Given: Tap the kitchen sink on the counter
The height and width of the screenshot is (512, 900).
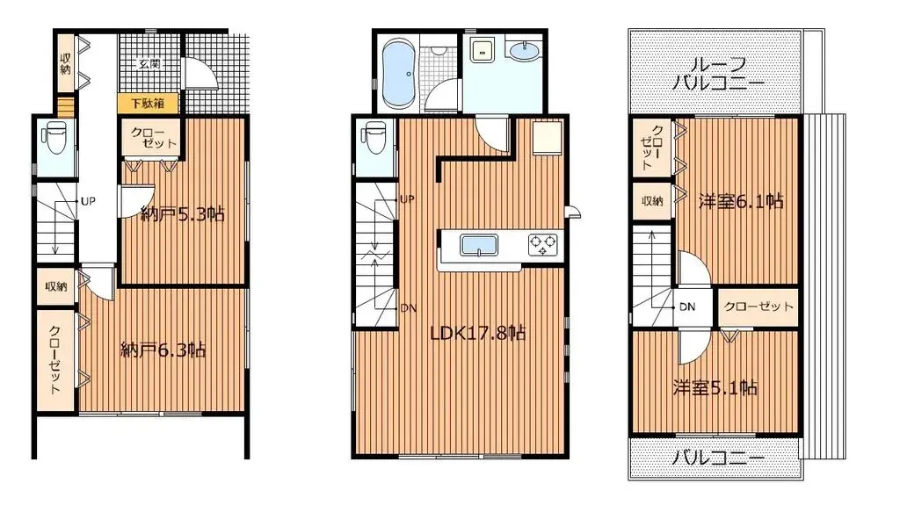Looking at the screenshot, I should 480,245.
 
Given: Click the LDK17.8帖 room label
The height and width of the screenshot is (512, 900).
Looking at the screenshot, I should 477,334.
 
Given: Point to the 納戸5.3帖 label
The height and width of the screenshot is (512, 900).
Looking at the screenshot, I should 182,213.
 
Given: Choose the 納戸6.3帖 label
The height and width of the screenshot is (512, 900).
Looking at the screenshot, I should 163,350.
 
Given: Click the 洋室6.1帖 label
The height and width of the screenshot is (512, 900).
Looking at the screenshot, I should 741,201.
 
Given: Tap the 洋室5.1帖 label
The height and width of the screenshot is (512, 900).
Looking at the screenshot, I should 715,387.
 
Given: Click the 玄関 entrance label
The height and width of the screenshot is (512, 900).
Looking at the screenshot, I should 149,63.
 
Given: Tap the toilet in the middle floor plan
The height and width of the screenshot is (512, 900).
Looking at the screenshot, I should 373,139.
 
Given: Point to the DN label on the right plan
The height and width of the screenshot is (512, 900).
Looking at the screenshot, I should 687,307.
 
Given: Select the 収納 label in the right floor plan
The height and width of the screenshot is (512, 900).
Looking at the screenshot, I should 651,201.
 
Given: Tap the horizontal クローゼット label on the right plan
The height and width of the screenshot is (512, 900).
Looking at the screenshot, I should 758,307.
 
